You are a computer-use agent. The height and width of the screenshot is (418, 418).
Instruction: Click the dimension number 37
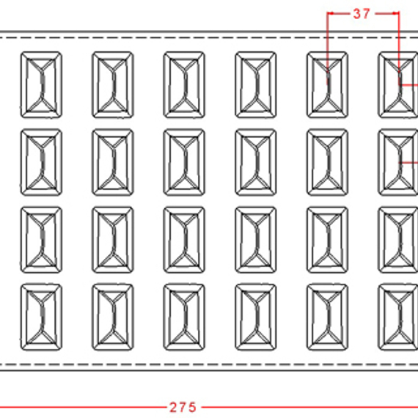[x=362, y=14]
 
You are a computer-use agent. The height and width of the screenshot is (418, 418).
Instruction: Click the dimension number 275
[x=183, y=407]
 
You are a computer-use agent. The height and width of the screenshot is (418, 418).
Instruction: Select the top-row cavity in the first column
[x=41, y=85]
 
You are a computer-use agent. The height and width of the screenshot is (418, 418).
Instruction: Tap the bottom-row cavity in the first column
[x=41, y=318]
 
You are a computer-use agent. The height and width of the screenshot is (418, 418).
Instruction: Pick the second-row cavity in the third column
[x=184, y=162]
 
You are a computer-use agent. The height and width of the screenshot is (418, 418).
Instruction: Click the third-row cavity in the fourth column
[x=256, y=240]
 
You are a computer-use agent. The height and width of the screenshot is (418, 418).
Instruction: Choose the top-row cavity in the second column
[x=113, y=85]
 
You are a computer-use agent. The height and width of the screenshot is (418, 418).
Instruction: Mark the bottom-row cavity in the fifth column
[x=328, y=318]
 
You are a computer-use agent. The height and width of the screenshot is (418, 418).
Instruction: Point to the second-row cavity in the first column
[x=41, y=162]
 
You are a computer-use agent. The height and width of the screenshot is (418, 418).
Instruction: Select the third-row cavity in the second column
[x=113, y=240]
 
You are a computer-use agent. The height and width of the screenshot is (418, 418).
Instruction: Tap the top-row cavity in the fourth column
[x=256, y=85]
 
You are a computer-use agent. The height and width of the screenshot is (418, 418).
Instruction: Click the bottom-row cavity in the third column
[x=184, y=318]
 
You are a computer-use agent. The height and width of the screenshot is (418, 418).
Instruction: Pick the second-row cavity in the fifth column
[x=328, y=162]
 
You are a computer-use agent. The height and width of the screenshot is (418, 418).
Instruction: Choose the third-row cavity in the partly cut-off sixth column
[x=398, y=240]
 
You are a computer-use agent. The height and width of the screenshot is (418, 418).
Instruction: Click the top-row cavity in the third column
[x=184, y=85]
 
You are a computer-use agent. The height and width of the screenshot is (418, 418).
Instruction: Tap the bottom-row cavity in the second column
[x=113, y=318]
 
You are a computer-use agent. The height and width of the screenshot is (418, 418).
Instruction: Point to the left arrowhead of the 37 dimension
[x=330, y=13]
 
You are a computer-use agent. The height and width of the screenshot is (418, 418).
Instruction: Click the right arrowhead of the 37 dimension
[x=396, y=13]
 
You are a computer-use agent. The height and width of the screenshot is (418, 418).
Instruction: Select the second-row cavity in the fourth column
[x=256, y=162]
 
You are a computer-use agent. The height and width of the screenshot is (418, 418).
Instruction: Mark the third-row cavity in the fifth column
[x=328, y=240]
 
